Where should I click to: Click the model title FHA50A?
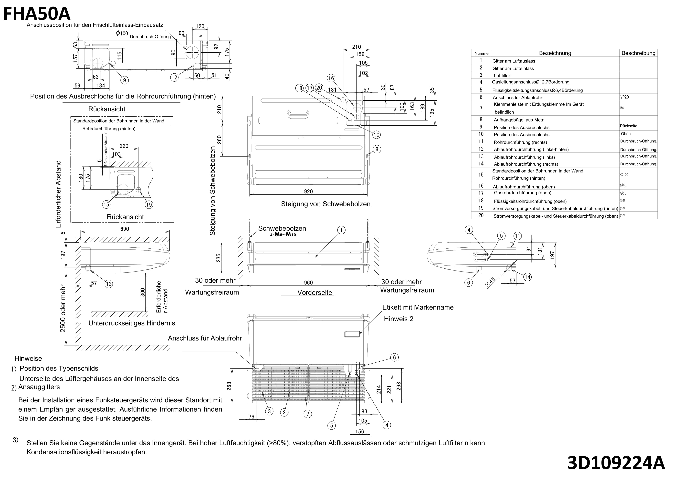pyautogui.click(x=37, y=13)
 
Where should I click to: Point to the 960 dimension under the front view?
pyautogui.click(x=308, y=283)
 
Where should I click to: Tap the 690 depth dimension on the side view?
pyautogui.click(x=124, y=229)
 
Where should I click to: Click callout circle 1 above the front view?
pyautogui.click(x=341, y=230)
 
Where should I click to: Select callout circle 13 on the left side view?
pyautogui.click(x=109, y=284)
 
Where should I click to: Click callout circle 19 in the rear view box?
pyautogui.click(x=149, y=205)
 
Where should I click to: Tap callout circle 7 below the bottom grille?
pyautogui.click(x=308, y=414)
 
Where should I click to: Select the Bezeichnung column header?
pyautogui.click(x=555, y=53)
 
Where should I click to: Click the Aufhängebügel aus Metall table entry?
pyautogui.click(x=520, y=120)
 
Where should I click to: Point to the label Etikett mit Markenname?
pyautogui.click(x=418, y=307)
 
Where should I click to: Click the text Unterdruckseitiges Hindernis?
pyautogui.click(x=132, y=323)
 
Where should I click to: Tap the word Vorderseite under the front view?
pyautogui.click(x=315, y=293)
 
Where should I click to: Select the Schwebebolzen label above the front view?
pyautogui.click(x=282, y=228)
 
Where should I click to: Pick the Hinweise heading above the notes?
pyautogui.click(x=28, y=359)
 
